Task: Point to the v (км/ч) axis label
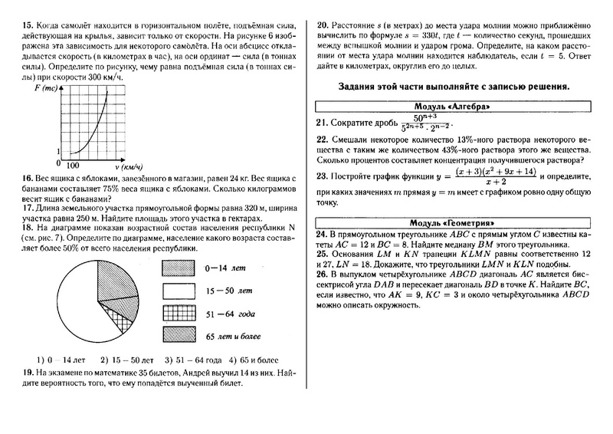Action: point(129,166)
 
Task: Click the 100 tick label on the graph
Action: point(73,165)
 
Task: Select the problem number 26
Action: point(322,272)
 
